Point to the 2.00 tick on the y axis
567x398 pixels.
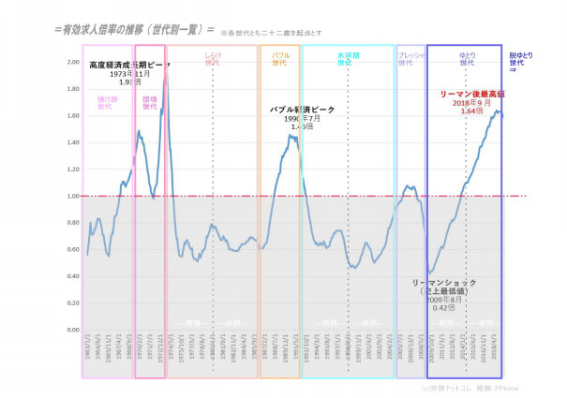[72, 62]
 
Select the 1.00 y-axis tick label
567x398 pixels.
[72, 197]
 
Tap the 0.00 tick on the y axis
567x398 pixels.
[72, 331]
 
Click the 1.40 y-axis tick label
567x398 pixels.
[72, 142]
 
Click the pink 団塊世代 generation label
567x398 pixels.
[149, 102]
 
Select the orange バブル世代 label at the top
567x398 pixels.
[279, 60]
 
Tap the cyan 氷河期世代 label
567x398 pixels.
[347, 60]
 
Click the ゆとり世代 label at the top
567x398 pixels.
[466, 60]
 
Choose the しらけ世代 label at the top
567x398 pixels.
[213, 60]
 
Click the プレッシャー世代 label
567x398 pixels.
[410, 60]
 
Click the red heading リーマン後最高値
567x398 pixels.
[472, 95]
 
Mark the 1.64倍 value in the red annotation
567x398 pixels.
[472, 111]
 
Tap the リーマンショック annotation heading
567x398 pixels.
[444, 282]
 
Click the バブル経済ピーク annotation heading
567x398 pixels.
[302, 110]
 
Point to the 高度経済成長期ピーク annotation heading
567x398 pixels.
[130, 66]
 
